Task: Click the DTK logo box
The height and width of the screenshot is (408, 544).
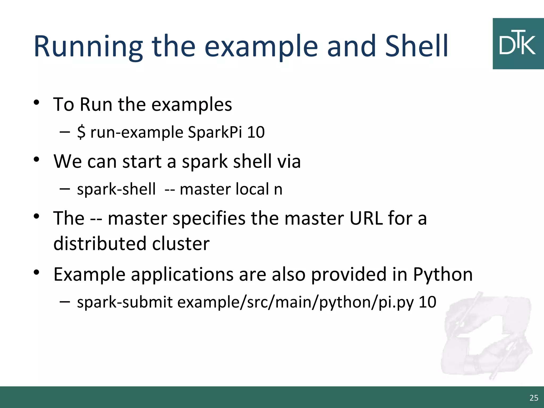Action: [518, 44]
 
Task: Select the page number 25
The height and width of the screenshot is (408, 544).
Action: [534, 398]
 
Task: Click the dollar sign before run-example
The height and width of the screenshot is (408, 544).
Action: [81, 132]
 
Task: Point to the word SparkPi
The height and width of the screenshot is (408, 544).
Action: [215, 132]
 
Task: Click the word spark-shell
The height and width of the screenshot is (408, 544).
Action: [116, 189]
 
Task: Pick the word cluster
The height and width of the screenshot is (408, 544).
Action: [181, 243]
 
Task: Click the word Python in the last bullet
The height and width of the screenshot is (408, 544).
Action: [443, 274]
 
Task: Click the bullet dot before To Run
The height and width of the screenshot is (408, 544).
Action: [36, 103]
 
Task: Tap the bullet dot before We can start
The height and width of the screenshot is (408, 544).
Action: [36, 159]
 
